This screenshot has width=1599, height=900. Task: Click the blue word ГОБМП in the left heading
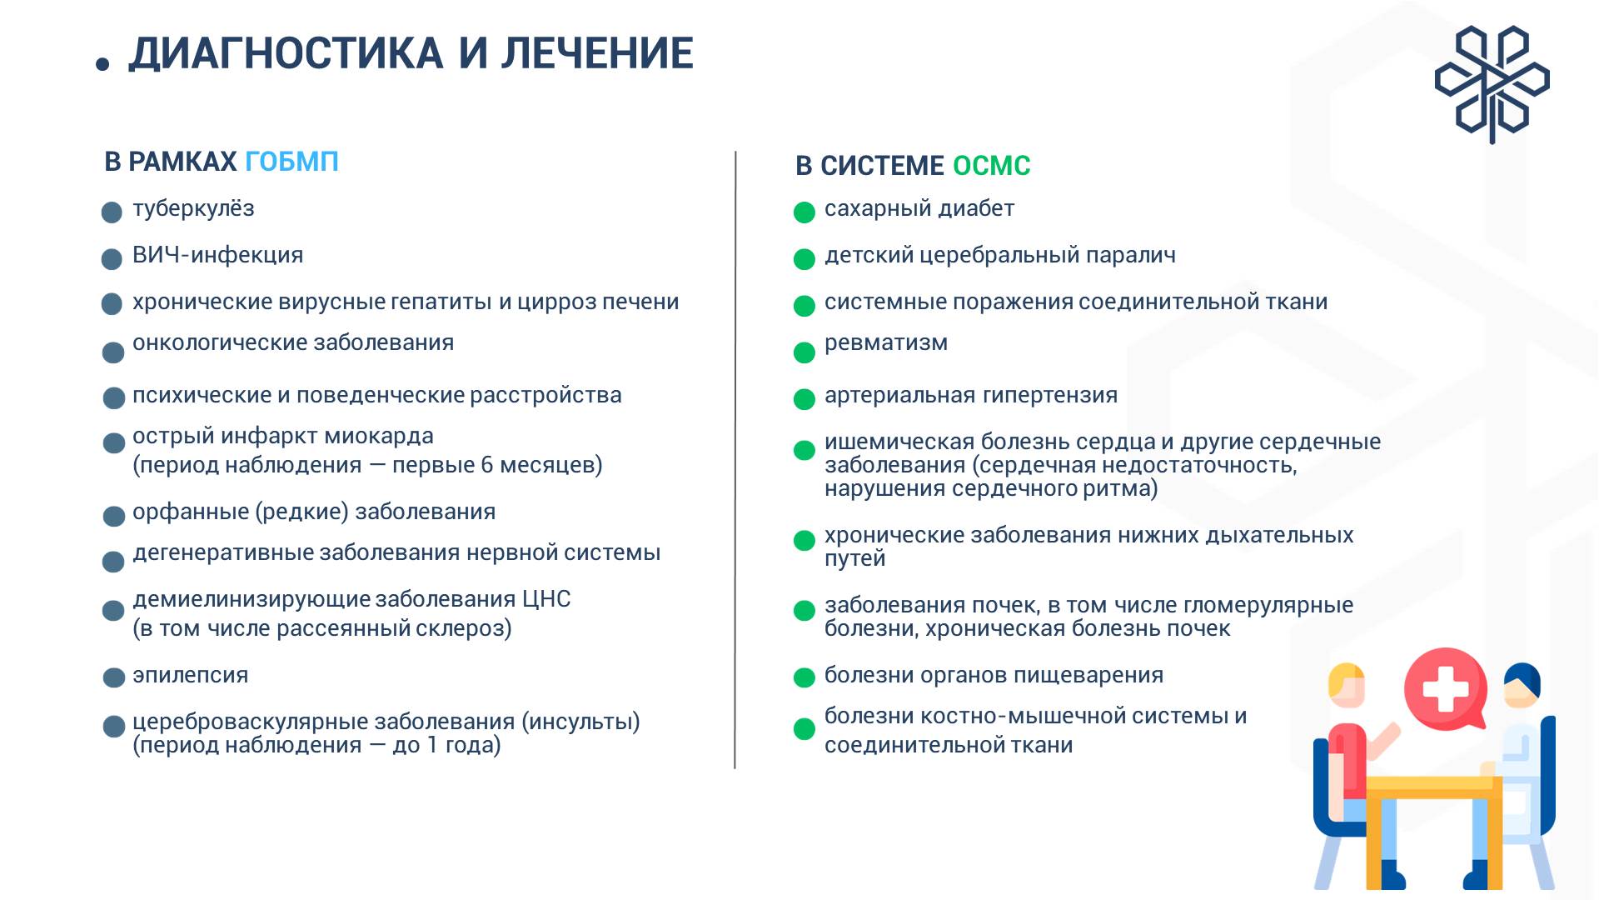[291, 162]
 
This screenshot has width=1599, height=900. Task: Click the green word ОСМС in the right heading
[991, 166]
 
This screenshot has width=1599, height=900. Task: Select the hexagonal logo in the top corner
[1492, 83]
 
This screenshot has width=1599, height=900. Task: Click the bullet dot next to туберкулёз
[112, 212]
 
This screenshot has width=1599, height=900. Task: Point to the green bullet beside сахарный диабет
[804, 212]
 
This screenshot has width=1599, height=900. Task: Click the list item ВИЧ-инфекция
[217, 255]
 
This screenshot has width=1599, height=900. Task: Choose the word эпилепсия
[190, 675]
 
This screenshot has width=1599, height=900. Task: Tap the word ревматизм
[885, 342]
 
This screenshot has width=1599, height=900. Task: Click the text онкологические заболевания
[293, 342]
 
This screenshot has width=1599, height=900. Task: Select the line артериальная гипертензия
[970, 395]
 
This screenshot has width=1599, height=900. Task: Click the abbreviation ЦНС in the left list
[546, 599]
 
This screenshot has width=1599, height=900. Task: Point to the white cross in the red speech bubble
[1446, 688]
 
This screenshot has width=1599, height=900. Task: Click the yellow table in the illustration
[1432, 787]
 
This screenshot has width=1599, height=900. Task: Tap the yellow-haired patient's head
[1346, 683]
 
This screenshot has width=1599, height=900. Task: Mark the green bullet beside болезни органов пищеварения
[804, 677]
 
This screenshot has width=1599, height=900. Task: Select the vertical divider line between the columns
[735, 458]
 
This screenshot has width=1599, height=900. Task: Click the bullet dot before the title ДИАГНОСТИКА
[102, 64]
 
